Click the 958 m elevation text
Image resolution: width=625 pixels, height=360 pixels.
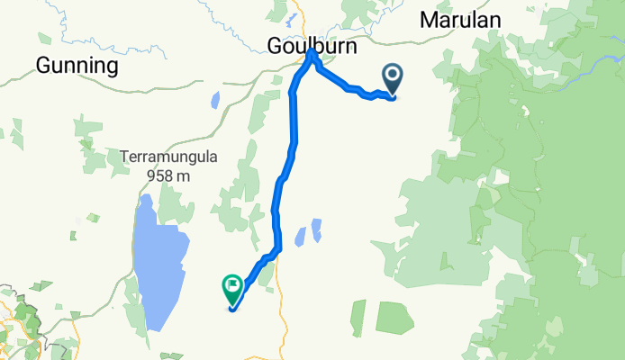pyautogui.click(x=168, y=175)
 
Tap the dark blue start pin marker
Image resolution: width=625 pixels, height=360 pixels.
pyautogui.click(x=394, y=79)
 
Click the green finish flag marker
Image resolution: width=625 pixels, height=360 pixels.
pyautogui.click(x=231, y=288)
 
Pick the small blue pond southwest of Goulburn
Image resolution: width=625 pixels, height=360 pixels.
pyautogui.click(x=215, y=98)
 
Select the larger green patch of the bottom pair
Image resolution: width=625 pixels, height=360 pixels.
pyautogui.click(x=393, y=319)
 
